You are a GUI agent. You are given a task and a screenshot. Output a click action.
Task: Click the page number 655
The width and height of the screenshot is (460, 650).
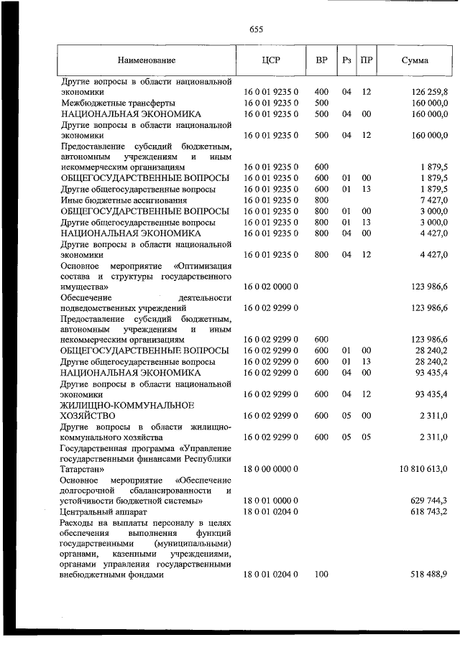coord(256,29)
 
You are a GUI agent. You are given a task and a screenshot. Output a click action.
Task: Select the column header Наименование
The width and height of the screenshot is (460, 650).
coord(147,60)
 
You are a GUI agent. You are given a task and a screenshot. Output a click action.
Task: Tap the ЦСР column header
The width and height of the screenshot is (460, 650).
coord(271,60)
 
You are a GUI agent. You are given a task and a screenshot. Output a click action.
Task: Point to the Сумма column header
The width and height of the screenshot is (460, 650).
coord(415,60)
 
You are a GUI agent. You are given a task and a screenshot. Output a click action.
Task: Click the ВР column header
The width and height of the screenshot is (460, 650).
coord(321,60)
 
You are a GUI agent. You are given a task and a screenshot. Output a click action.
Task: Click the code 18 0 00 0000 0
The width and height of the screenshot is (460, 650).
coord(271,468)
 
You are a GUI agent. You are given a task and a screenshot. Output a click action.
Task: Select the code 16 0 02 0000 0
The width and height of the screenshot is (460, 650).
coord(271,286)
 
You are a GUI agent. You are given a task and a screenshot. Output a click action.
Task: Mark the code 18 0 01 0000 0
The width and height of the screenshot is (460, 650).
coord(271,500)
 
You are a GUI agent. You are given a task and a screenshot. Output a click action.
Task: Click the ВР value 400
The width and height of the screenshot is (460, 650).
coord(321,93)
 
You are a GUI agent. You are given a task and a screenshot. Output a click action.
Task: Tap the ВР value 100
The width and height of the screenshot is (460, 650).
coord(321,575)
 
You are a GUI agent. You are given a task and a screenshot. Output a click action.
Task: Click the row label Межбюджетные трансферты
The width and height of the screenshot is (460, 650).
coord(116,103)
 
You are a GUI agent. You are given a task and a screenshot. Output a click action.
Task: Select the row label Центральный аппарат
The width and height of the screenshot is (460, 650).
coord(104,511)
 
